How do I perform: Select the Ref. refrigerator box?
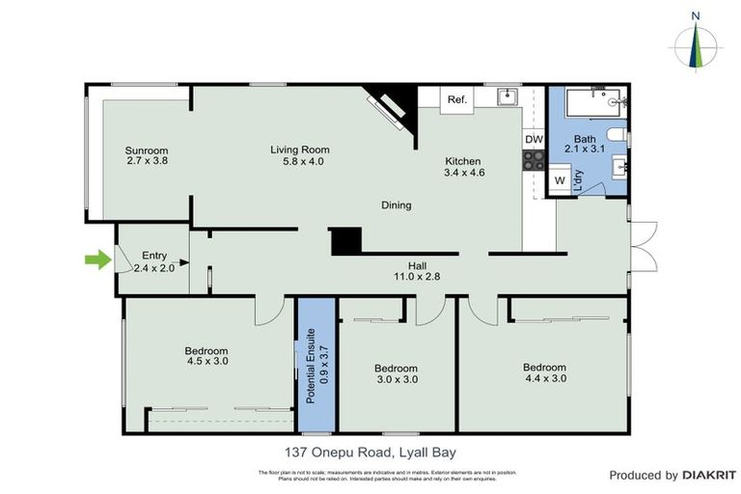[x=456, y=99]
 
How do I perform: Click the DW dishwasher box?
[x=534, y=140]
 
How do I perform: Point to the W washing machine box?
[x=558, y=180]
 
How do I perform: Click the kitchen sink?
[x=508, y=97]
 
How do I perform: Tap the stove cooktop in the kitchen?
[x=534, y=162]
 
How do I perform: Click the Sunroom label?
[x=147, y=151]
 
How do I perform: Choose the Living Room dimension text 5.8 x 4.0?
[x=299, y=162]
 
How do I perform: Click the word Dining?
[x=396, y=205]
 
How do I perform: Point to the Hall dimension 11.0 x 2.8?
[x=417, y=277]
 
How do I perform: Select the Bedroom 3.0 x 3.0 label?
[x=396, y=374]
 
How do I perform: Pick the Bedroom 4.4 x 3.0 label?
[x=544, y=372]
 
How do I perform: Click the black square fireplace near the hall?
[x=345, y=241]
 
